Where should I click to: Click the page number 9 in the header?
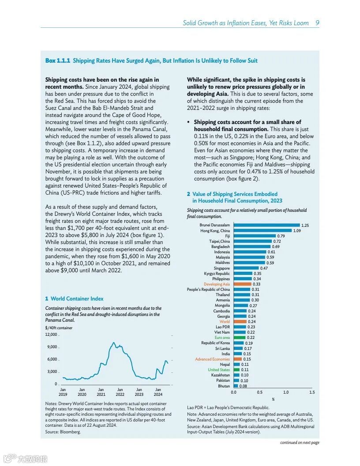click(x=317, y=23)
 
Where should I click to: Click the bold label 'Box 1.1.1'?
click(x=57, y=60)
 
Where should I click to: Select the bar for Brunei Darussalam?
click(x=266, y=225)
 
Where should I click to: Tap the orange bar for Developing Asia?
click(x=242, y=284)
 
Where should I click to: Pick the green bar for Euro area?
click(x=239, y=338)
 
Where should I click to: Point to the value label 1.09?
click(x=297, y=231)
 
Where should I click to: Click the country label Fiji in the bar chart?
click(x=227, y=236)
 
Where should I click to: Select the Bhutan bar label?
click(x=224, y=386)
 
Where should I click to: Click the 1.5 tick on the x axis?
click(x=312, y=392)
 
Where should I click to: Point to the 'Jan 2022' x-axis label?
click(x=120, y=392)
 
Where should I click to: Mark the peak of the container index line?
click(x=114, y=342)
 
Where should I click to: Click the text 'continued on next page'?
click(x=300, y=443)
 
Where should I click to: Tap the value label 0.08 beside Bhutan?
click(x=244, y=386)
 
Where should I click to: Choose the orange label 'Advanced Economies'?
click(x=212, y=359)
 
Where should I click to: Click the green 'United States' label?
click(x=219, y=370)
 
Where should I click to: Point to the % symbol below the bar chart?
click(x=273, y=399)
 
